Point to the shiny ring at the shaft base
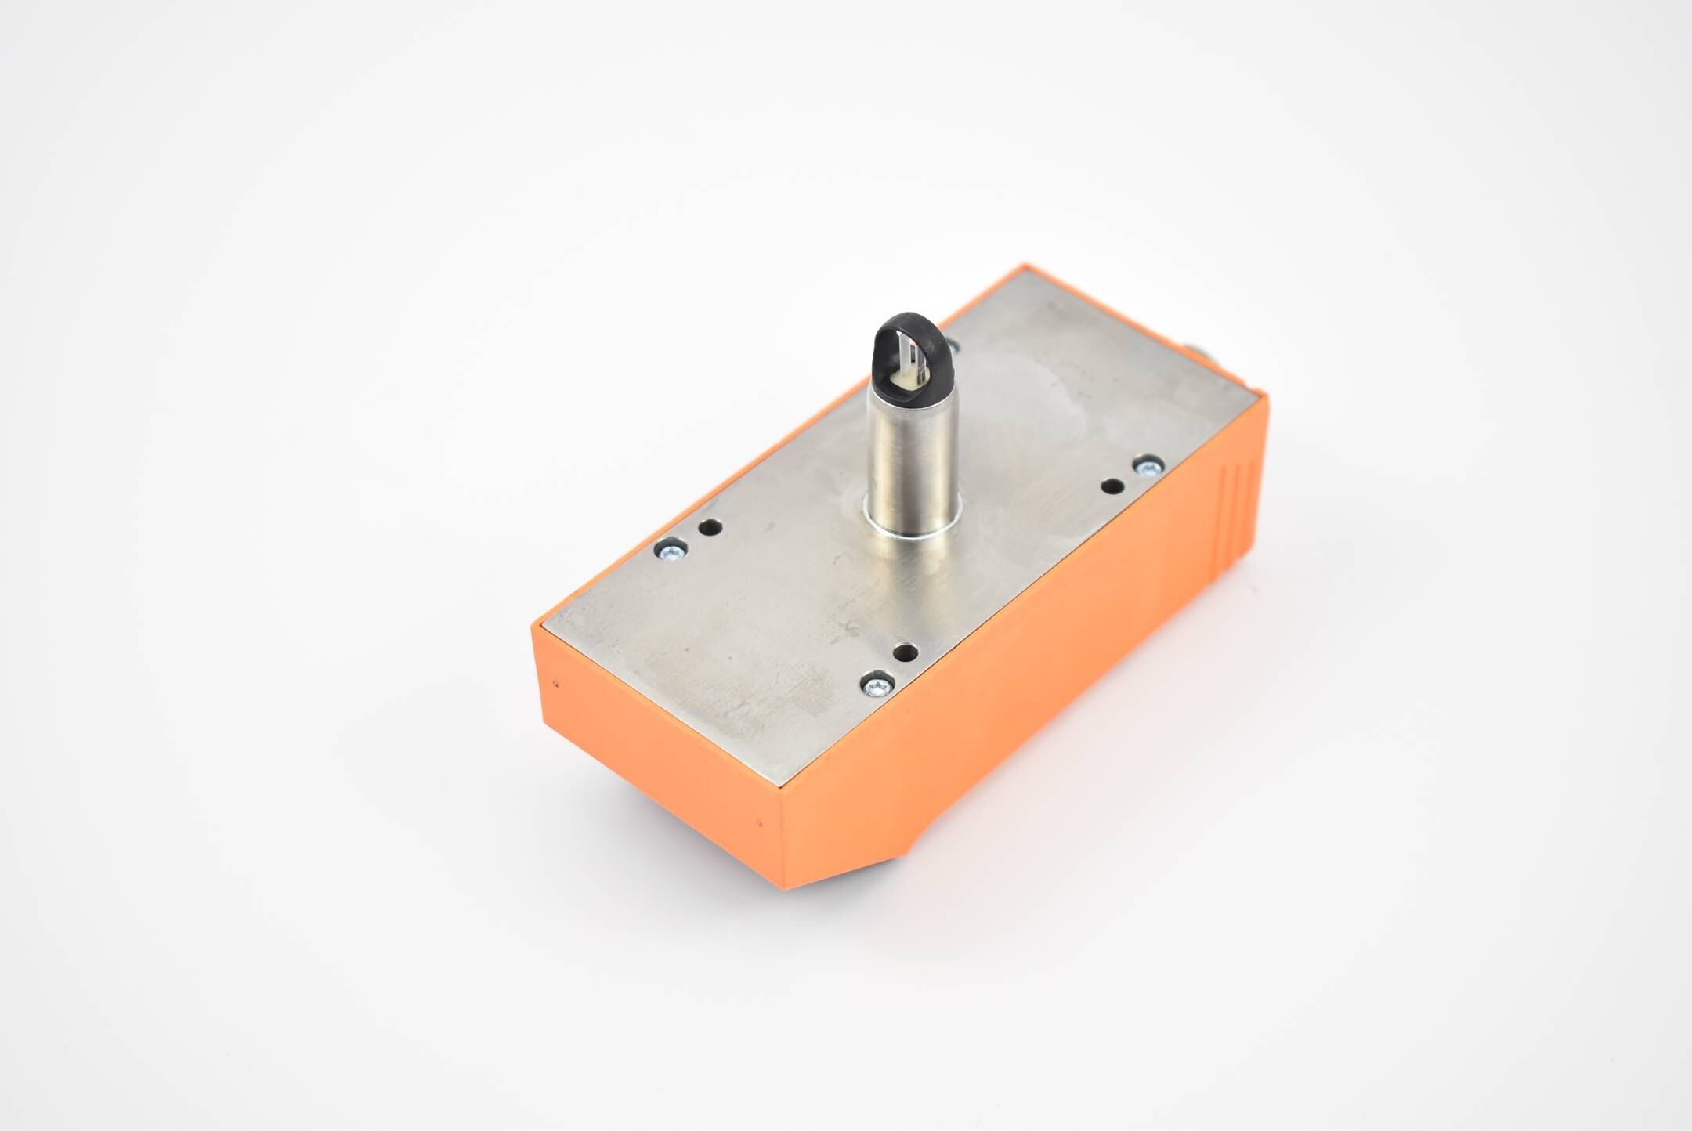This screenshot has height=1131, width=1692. [911, 526]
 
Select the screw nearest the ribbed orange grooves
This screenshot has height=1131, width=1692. [1147, 468]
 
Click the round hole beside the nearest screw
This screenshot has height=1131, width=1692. [907, 652]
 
